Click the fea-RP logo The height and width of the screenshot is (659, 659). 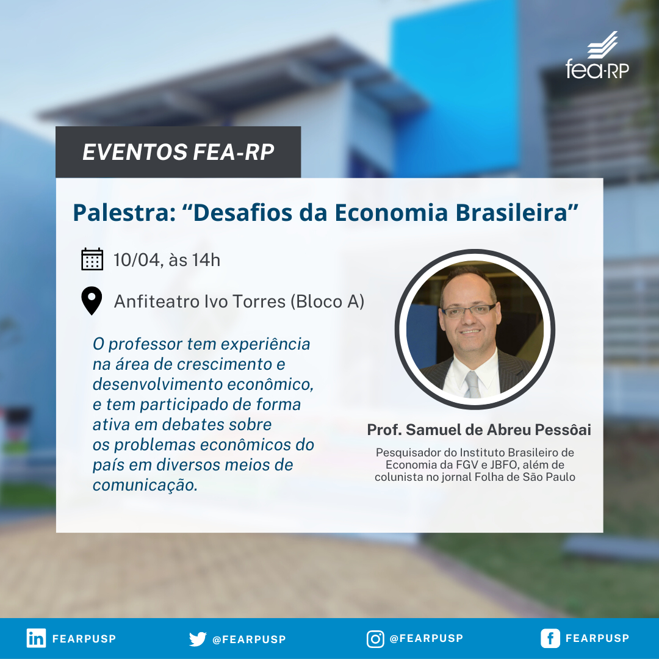pos(597,56)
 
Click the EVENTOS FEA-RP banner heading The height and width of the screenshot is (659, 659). pos(178,152)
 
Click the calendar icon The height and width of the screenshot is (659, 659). pos(92,259)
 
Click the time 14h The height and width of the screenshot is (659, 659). pos(206,260)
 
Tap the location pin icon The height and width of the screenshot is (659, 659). pos(92,301)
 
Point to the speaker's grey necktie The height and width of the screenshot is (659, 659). pos(473,384)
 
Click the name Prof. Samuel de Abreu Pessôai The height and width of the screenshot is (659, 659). pos(479,430)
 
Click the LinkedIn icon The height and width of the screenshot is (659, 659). pos(36,638)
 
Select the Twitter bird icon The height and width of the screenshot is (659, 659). pos(198,639)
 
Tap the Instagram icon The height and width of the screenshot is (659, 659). pos(375,639)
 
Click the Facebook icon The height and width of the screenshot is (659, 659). pos(550,638)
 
